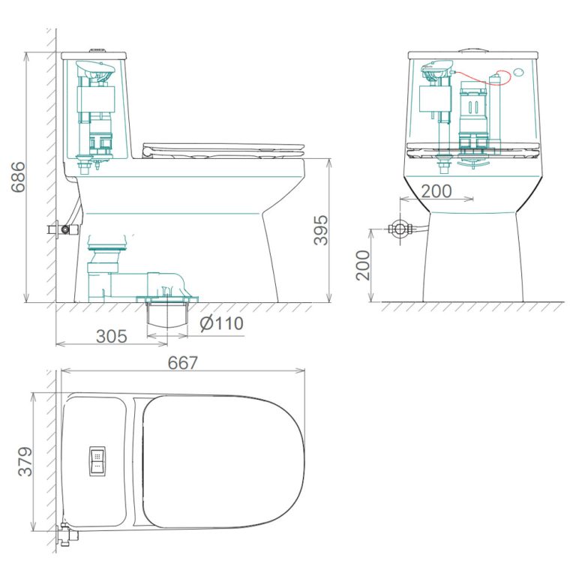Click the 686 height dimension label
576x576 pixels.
pyautogui.click(x=18, y=177)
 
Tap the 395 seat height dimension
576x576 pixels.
pyautogui.click(x=320, y=230)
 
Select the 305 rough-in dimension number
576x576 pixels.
pyautogui.click(x=111, y=336)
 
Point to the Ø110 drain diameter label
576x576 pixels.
pyautogui.click(x=221, y=324)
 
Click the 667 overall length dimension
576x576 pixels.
pyautogui.click(x=182, y=363)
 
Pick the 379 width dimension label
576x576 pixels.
pyautogui.click(x=25, y=461)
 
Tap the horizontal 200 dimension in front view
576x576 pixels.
pyautogui.click(x=436, y=191)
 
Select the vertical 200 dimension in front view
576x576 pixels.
pyautogui.click(x=363, y=265)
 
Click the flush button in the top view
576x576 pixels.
pyautogui.click(x=97, y=461)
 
